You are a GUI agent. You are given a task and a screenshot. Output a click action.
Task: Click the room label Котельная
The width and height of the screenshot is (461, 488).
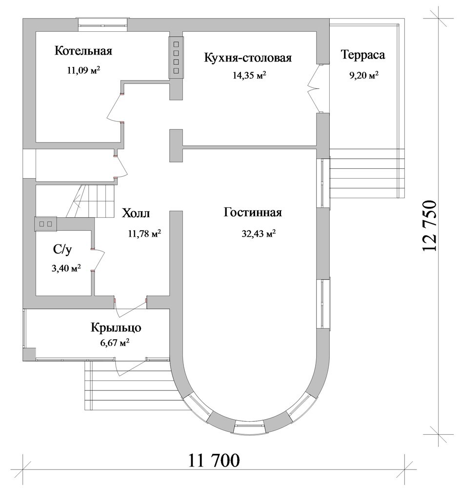(x=83, y=51)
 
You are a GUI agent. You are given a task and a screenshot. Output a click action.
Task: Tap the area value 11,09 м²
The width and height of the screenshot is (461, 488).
(x=83, y=70)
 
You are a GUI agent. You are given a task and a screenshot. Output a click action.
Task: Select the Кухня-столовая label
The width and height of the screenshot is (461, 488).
(x=248, y=58)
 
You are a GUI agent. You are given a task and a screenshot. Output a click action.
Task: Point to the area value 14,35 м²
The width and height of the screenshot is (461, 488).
(x=249, y=75)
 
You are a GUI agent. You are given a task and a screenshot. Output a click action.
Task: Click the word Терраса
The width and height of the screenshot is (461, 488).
(x=363, y=55)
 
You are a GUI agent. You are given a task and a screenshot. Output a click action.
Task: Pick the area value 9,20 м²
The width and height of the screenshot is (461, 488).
(x=364, y=76)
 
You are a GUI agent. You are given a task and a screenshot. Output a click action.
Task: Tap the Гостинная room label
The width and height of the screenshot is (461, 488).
(x=253, y=213)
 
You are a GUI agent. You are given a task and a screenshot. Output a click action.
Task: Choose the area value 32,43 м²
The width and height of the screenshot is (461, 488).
(x=259, y=233)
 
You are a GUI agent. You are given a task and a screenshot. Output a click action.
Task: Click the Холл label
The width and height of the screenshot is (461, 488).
(x=136, y=213)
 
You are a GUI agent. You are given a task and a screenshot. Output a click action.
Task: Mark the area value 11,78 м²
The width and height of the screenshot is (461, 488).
(x=144, y=233)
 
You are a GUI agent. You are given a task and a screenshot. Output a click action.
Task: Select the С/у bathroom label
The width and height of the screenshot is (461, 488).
(x=62, y=249)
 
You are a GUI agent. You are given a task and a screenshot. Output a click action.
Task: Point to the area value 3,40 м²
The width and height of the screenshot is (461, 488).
(x=66, y=268)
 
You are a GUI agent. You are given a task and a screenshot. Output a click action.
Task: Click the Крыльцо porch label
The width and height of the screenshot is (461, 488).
(x=116, y=328)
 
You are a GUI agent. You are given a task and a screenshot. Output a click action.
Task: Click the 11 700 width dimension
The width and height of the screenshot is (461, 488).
(x=214, y=460)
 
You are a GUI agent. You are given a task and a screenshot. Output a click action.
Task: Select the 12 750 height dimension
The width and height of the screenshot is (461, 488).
(x=430, y=225)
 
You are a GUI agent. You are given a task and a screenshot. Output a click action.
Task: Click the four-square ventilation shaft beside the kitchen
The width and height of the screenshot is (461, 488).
(x=176, y=58)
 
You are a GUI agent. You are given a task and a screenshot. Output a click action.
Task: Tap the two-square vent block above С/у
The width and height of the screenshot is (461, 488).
(x=46, y=224)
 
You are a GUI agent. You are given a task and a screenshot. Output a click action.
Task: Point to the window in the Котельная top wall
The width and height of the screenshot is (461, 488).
(x=102, y=24)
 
